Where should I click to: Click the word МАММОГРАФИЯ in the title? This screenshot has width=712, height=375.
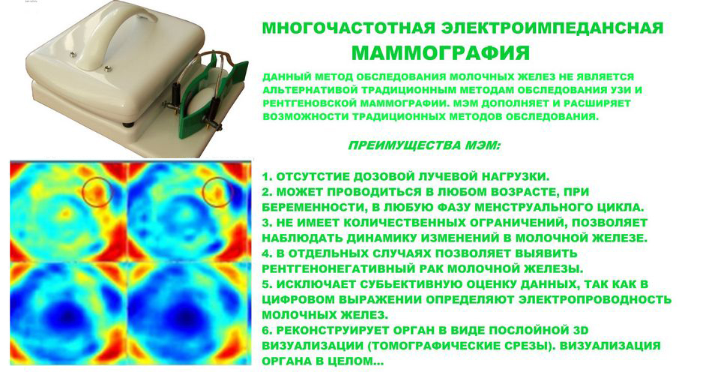click(x=441, y=53)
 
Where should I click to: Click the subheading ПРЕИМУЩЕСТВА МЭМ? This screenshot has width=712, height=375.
click(x=424, y=146)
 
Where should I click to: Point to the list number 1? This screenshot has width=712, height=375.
click(x=267, y=176)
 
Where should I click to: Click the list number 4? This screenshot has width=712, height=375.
click(x=267, y=253)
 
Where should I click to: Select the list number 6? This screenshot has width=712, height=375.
click(x=267, y=330)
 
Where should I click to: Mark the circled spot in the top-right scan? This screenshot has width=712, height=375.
click(x=218, y=192)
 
